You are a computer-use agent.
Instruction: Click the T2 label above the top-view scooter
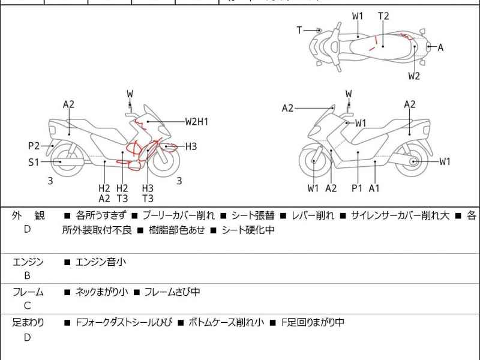(x=383, y=16)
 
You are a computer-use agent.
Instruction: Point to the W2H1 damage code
(x=197, y=121)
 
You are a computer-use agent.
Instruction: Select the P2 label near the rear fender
(x=34, y=145)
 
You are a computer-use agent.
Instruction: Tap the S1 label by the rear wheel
(x=34, y=161)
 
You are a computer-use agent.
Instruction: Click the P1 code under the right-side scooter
(x=357, y=188)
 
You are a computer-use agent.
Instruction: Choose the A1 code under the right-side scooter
(x=374, y=188)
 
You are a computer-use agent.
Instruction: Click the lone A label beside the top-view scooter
(x=440, y=47)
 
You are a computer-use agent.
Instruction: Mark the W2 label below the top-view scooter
(x=414, y=76)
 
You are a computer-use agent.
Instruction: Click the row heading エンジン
(x=28, y=262)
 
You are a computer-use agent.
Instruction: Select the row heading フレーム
(x=28, y=292)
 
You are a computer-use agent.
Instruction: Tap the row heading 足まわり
(x=28, y=323)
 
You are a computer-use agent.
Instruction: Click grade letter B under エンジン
(x=27, y=276)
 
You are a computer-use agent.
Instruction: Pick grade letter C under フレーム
(x=27, y=307)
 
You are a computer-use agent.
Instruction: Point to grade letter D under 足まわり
(x=27, y=337)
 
